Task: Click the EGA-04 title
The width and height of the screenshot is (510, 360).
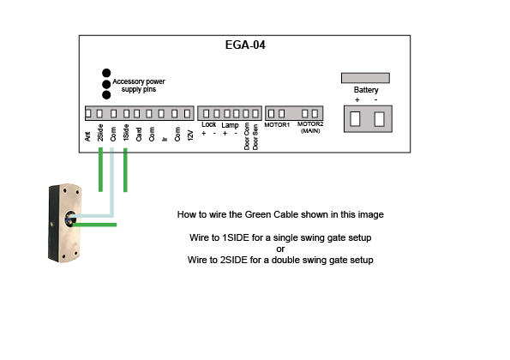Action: (245, 45)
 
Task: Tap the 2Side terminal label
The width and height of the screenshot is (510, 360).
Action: (100, 133)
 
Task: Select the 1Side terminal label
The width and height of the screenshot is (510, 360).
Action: (126, 133)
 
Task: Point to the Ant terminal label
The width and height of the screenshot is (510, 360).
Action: (87, 136)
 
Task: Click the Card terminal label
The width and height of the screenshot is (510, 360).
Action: (139, 135)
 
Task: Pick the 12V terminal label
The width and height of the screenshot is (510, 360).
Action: (190, 135)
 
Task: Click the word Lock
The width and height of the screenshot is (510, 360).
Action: (208, 124)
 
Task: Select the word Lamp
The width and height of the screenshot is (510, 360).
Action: (230, 125)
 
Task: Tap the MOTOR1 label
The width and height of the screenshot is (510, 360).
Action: (277, 125)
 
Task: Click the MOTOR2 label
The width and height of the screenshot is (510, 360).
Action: (310, 124)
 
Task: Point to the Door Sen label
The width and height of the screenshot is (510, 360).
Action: (255, 137)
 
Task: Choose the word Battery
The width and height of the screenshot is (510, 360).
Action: (366, 90)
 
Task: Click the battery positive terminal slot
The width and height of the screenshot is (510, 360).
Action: (355, 119)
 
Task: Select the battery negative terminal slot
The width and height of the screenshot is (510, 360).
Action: (379, 119)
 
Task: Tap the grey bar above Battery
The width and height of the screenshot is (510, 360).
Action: (365, 78)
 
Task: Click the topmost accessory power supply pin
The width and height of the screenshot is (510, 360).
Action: (106, 73)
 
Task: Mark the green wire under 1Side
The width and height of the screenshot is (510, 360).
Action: (125, 170)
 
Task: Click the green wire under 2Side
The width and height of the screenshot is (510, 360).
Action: (101, 170)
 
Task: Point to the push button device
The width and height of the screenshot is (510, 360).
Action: (65, 223)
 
